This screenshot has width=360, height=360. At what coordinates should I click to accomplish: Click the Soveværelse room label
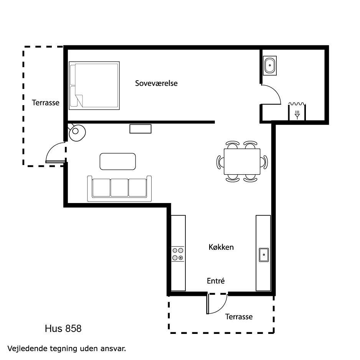click(156, 83)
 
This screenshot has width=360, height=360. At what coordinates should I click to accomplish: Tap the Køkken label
click(221, 247)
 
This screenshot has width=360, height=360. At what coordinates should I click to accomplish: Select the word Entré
click(216, 281)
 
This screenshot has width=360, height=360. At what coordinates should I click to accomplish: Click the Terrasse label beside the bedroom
click(45, 102)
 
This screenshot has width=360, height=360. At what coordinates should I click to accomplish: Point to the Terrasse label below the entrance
click(239, 317)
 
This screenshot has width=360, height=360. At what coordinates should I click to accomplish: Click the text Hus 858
click(63, 329)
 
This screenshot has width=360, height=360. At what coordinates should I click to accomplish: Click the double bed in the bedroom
click(94, 86)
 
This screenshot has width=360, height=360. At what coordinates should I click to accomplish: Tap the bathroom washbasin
click(270, 65)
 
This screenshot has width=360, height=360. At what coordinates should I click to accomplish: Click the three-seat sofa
click(119, 188)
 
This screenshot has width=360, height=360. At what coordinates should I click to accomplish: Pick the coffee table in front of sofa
click(117, 162)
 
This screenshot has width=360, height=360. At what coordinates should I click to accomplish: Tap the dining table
click(242, 162)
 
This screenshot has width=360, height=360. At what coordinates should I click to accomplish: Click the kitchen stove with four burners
click(178, 254)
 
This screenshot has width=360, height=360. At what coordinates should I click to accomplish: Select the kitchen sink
click(264, 255)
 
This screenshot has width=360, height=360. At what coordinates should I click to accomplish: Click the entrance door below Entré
click(217, 304)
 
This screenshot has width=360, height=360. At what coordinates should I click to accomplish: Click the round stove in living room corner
click(77, 132)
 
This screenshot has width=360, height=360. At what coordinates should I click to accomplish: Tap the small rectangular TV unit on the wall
click(140, 129)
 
